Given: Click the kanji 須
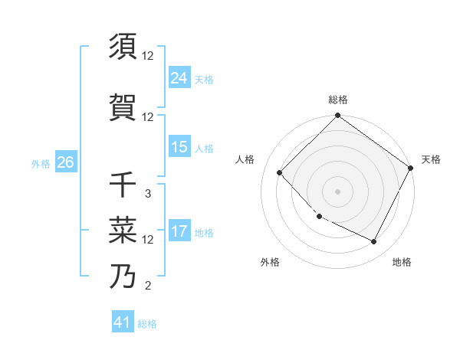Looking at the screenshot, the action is (123, 47).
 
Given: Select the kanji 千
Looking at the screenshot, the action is (123, 185).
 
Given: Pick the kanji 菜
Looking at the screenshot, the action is (123, 229).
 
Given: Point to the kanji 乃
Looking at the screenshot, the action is (123, 277).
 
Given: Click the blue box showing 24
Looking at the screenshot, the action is (179, 77).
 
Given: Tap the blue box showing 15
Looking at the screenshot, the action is (179, 147).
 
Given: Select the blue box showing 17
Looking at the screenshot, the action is (179, 231).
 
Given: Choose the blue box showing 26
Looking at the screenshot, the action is (65, 162).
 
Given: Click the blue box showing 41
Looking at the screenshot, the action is (123, 322).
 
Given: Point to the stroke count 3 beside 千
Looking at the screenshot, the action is (147, 194).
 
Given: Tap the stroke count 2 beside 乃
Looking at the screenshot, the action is (147, 286).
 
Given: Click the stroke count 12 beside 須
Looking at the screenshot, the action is (148, 55).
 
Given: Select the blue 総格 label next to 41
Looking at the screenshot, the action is (147, 324).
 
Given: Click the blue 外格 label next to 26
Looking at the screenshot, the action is (41, 163).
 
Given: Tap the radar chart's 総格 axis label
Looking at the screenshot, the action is (338, 100).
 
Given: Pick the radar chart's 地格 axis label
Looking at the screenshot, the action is (402, 262).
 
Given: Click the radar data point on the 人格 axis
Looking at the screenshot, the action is (280, 173).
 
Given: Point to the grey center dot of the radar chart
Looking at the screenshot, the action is (337, 191).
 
